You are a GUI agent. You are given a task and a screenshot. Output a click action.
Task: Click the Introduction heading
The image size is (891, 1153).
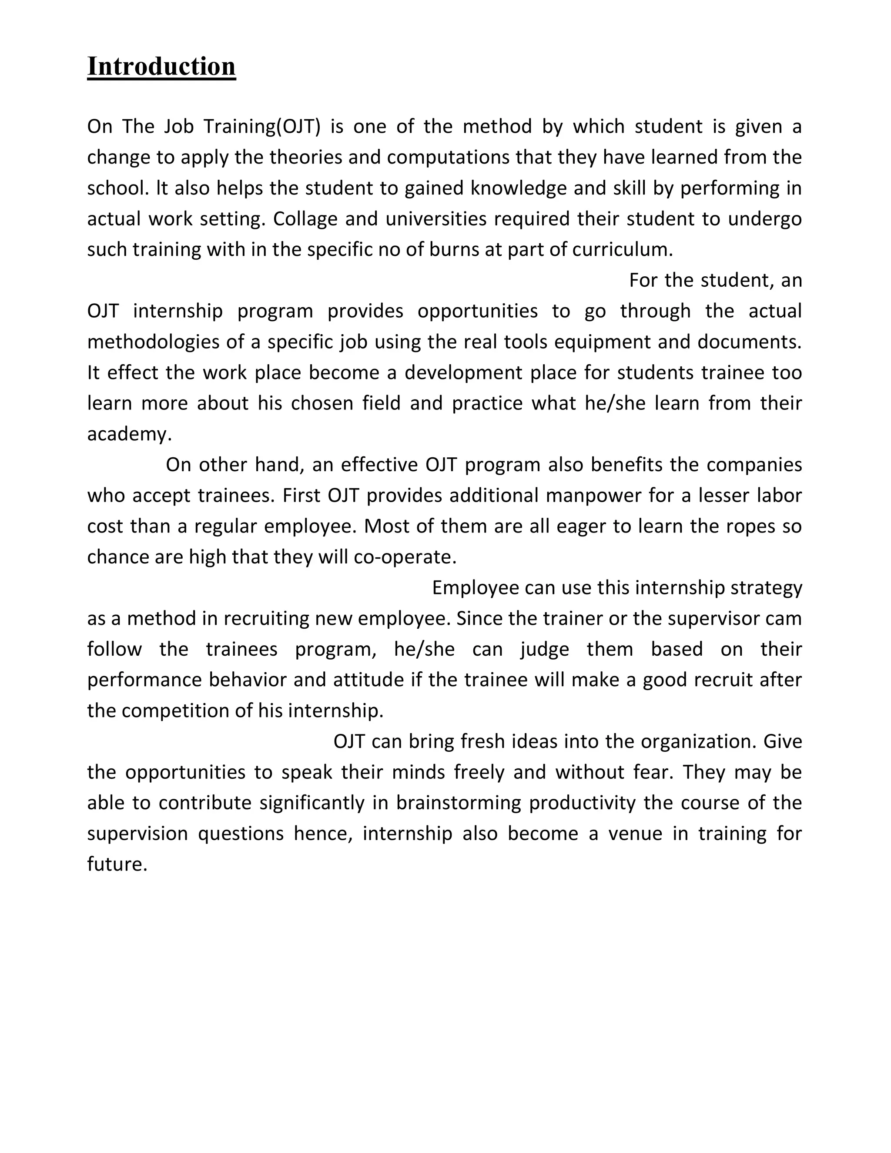click(161, 67)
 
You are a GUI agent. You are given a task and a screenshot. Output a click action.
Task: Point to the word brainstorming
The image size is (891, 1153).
click(458, 802)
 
